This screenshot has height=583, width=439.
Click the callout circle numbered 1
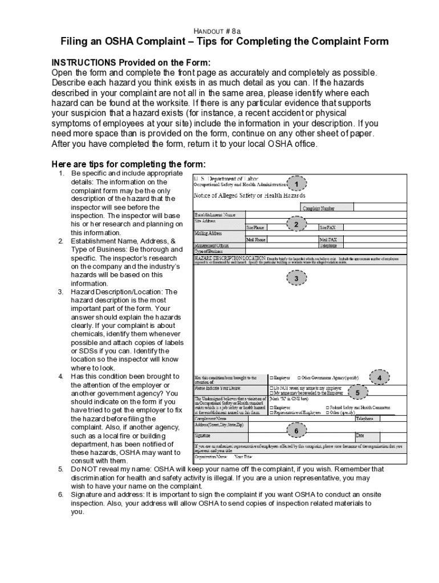click(296, 184)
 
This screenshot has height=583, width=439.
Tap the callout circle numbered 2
click(296, 225)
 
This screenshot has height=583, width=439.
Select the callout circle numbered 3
click(296, 278)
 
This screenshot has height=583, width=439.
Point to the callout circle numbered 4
click(380, 378)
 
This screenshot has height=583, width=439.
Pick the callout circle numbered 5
click(357, 393)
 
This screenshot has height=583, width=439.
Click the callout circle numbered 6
click(296, 430)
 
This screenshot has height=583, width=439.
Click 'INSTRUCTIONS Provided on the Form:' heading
click(131, 62)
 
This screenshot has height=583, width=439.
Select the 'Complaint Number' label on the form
click(319, 208)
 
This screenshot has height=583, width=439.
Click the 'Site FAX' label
click(328, 227)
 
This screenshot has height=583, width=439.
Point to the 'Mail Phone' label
click(257, 240)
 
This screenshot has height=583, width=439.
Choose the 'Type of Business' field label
click(208, 251)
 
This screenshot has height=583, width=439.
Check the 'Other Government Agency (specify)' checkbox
click(299, 377)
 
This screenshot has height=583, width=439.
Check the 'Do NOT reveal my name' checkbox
click(271, 388)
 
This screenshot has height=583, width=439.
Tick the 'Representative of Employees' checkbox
click(271, 412)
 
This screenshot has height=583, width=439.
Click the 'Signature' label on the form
click(203, 435)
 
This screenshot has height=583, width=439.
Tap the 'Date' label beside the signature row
click(360, 436)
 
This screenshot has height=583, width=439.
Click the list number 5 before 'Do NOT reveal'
click(60, 469)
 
